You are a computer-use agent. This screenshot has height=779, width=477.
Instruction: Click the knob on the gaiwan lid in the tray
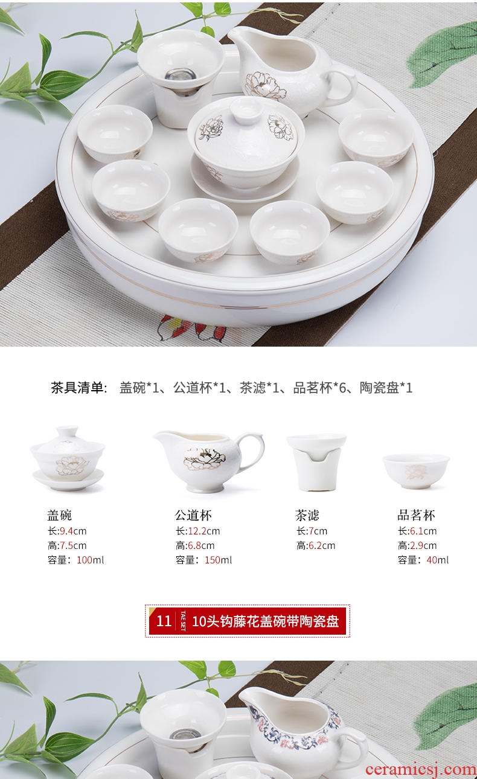pyautogui.click(x=247, y=109)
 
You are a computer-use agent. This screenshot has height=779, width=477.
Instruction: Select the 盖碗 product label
pyautogui.click(x=59, y=515)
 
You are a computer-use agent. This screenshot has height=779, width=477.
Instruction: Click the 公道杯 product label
pyautogui.click(x=193, y=515)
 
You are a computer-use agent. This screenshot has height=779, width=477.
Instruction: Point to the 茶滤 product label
pyautogui.click(x=307, y=515)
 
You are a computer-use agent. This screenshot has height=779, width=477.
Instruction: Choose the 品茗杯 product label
pyautogui.click(x=416, y=515)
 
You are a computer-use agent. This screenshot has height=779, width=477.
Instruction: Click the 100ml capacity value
pyautogui.click(x=90, y=560)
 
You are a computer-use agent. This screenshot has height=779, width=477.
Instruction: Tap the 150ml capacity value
pyautogui.click(x=218, y=560)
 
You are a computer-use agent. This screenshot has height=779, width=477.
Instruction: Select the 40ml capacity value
pyautogui.click(x=437, y=560)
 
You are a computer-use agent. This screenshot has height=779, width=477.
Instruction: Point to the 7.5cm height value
pyautogui.click(x=73, y=545)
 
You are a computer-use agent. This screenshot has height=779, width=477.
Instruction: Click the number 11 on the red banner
pyautogui.click(x=164, y=621)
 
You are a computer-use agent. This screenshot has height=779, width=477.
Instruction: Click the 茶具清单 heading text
pyautogui.click(x=79, y=388)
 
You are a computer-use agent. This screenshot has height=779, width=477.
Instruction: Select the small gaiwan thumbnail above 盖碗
pyautogui.click(x=68, y=458)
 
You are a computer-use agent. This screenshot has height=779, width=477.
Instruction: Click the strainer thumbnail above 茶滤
pyautogui.click(x=316, y=462)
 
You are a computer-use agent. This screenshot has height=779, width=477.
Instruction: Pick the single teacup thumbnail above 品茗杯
pyautogui.click(x=416, y=471)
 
